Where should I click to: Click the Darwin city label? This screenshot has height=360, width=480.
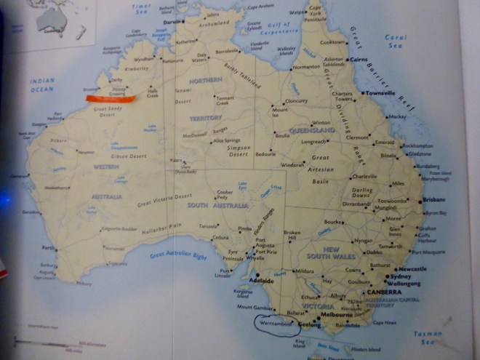[x=173, y=22]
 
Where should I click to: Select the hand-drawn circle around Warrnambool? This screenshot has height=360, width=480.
[x=276, y=324]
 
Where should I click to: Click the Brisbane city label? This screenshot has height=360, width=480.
[x=433, y=199]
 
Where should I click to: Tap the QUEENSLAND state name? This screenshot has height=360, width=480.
[x=312, y=131]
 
